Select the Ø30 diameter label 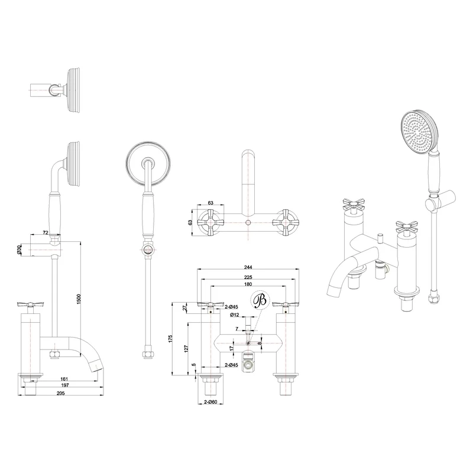coord(20,251)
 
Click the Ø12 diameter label coord(234,315)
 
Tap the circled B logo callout coord(259,300)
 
